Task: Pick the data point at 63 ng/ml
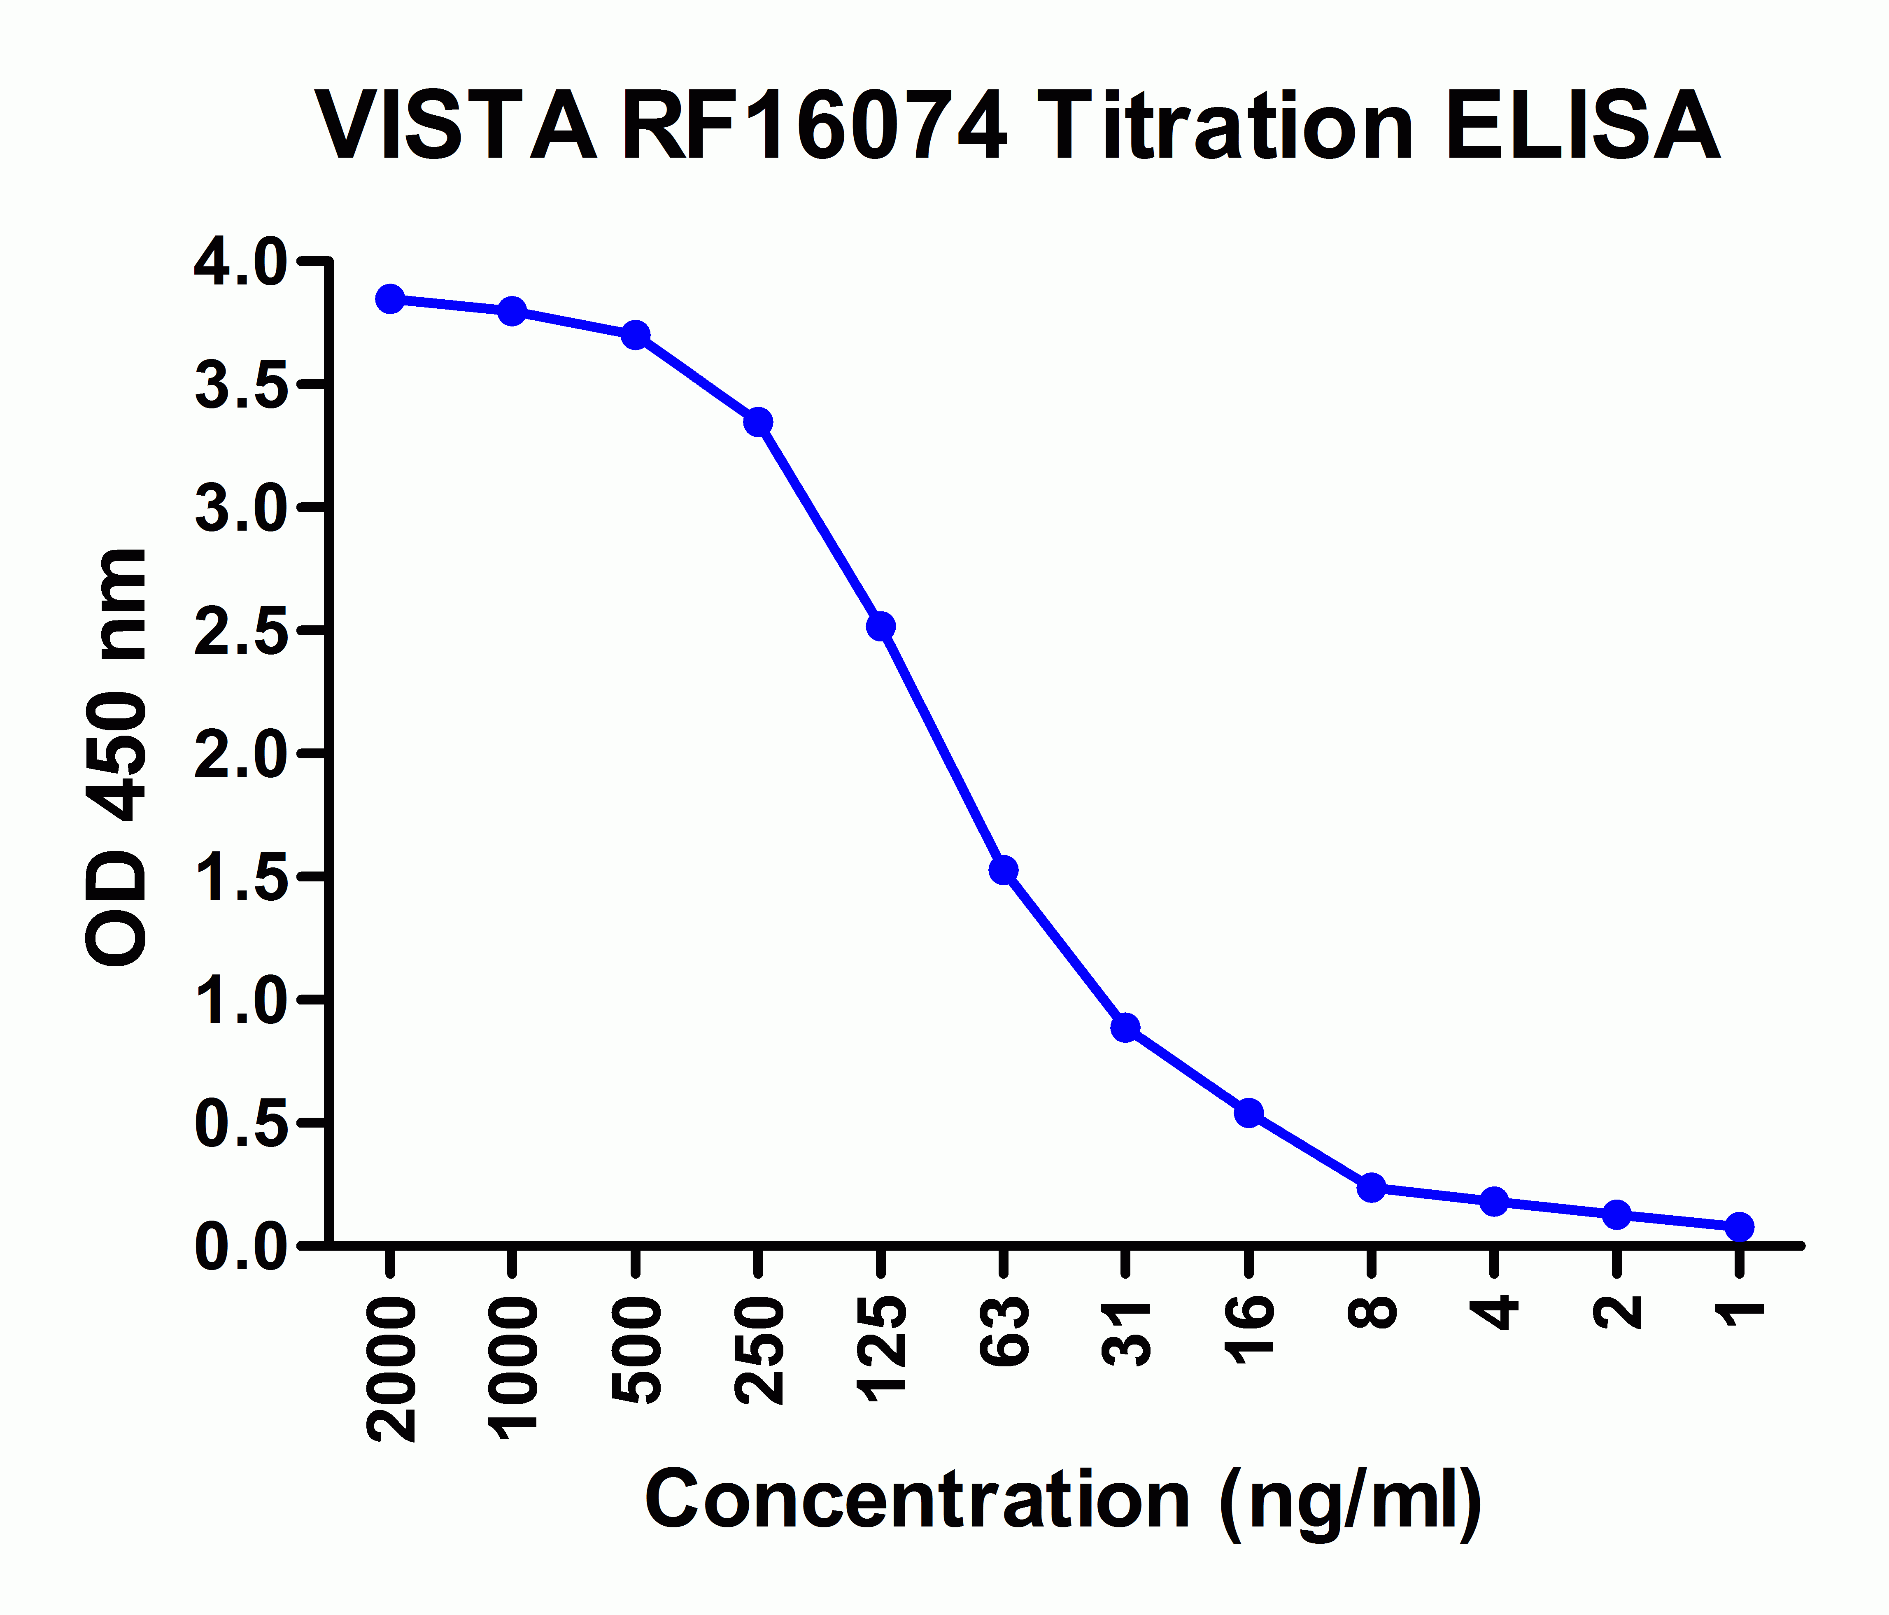1004,870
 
